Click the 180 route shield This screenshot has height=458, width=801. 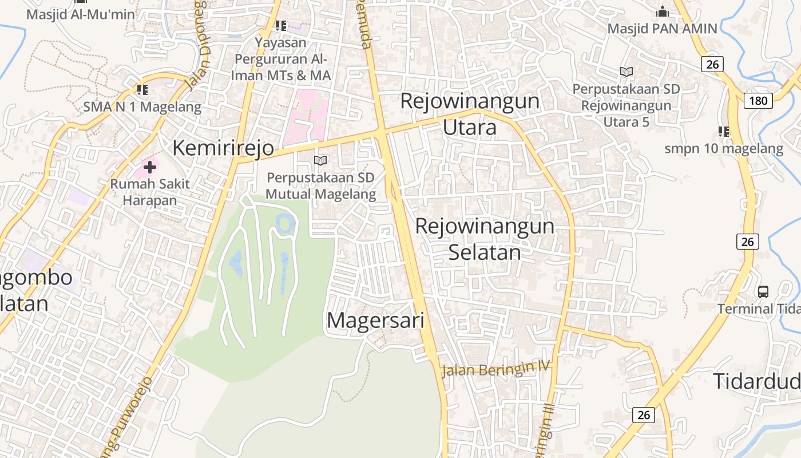pos(758,101)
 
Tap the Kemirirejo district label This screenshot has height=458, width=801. pos(223,148)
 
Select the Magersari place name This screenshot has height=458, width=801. pos(375,320)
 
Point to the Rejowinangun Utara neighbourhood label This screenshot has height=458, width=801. pos(470,114)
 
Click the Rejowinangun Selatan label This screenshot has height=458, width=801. pos(485,239)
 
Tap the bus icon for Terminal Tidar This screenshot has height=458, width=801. pos(763,291)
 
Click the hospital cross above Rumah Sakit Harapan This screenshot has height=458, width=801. pos(150,167)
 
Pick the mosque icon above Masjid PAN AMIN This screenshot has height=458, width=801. pos(662,11)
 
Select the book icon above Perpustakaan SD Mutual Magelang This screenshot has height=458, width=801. pos(321,161)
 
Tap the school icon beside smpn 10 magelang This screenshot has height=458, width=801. pos(724,132)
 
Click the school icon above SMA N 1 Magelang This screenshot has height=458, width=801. pos(142,90)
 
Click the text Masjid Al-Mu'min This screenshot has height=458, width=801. pos(81,14)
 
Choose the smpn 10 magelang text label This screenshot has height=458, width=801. pos(724,149)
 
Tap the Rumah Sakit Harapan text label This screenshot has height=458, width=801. pos(150,192)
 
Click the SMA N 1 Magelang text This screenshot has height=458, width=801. pos(142,106)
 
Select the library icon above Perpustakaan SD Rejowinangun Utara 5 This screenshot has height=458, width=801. pos(626,72)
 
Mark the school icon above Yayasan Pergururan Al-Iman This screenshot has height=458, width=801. pos(280,25)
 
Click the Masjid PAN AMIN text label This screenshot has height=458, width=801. pos(662,29)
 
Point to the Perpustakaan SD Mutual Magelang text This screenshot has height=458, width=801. pos(321,186)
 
